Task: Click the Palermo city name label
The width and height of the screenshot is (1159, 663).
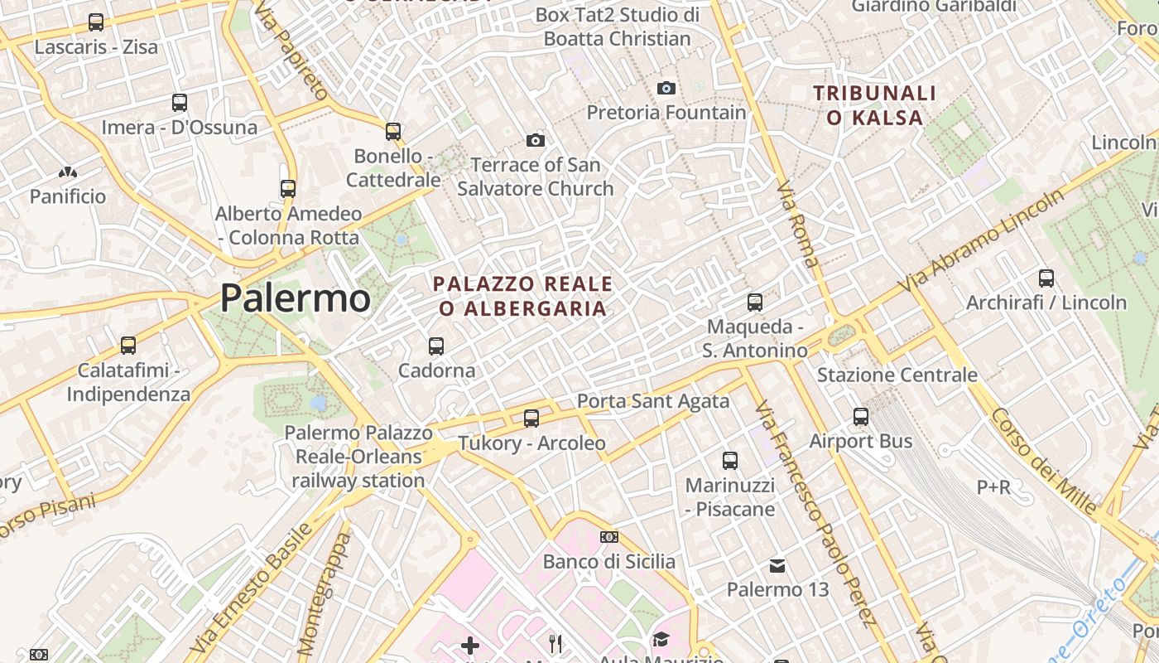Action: click(x=296, y=298)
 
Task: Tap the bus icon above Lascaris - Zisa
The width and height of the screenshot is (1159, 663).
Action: click(x=96, y=22)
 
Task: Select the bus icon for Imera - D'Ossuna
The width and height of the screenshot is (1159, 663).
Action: click(x=180, y=103)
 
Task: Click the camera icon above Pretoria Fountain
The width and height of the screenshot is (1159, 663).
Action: click(x=666, y=88)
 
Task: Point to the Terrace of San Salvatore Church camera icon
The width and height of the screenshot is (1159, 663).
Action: click(x=536, y=140)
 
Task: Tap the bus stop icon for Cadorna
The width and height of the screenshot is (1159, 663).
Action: click(x=436, y=346)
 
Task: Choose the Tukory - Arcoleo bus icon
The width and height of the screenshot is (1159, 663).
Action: click(x=531, y=419)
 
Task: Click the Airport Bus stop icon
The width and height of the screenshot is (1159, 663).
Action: click(x=861, y=417)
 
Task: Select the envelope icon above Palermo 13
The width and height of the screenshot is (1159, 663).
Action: click(x=777, y=566)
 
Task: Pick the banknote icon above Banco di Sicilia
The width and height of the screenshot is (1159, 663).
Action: click(x=609, y=537)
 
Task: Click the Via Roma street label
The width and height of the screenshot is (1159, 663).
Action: click(x=798, y=225)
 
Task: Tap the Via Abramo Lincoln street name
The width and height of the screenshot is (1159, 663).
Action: click(x=983, y=240)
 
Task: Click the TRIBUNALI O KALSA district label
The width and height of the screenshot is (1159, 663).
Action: click(x=874, y=105)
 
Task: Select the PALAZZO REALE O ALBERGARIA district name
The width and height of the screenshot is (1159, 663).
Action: click(x=523, y=296)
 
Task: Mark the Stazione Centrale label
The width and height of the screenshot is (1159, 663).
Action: click(x=897, y=375)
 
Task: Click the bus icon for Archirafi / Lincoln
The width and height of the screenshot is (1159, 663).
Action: click(x=1046, y=278)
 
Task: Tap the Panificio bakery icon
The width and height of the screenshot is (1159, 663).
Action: click(x=68, y=172)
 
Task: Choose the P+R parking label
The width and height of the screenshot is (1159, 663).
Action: click(x=993, y=486)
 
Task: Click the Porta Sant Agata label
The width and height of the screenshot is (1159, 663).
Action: click(x=653, y=401)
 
